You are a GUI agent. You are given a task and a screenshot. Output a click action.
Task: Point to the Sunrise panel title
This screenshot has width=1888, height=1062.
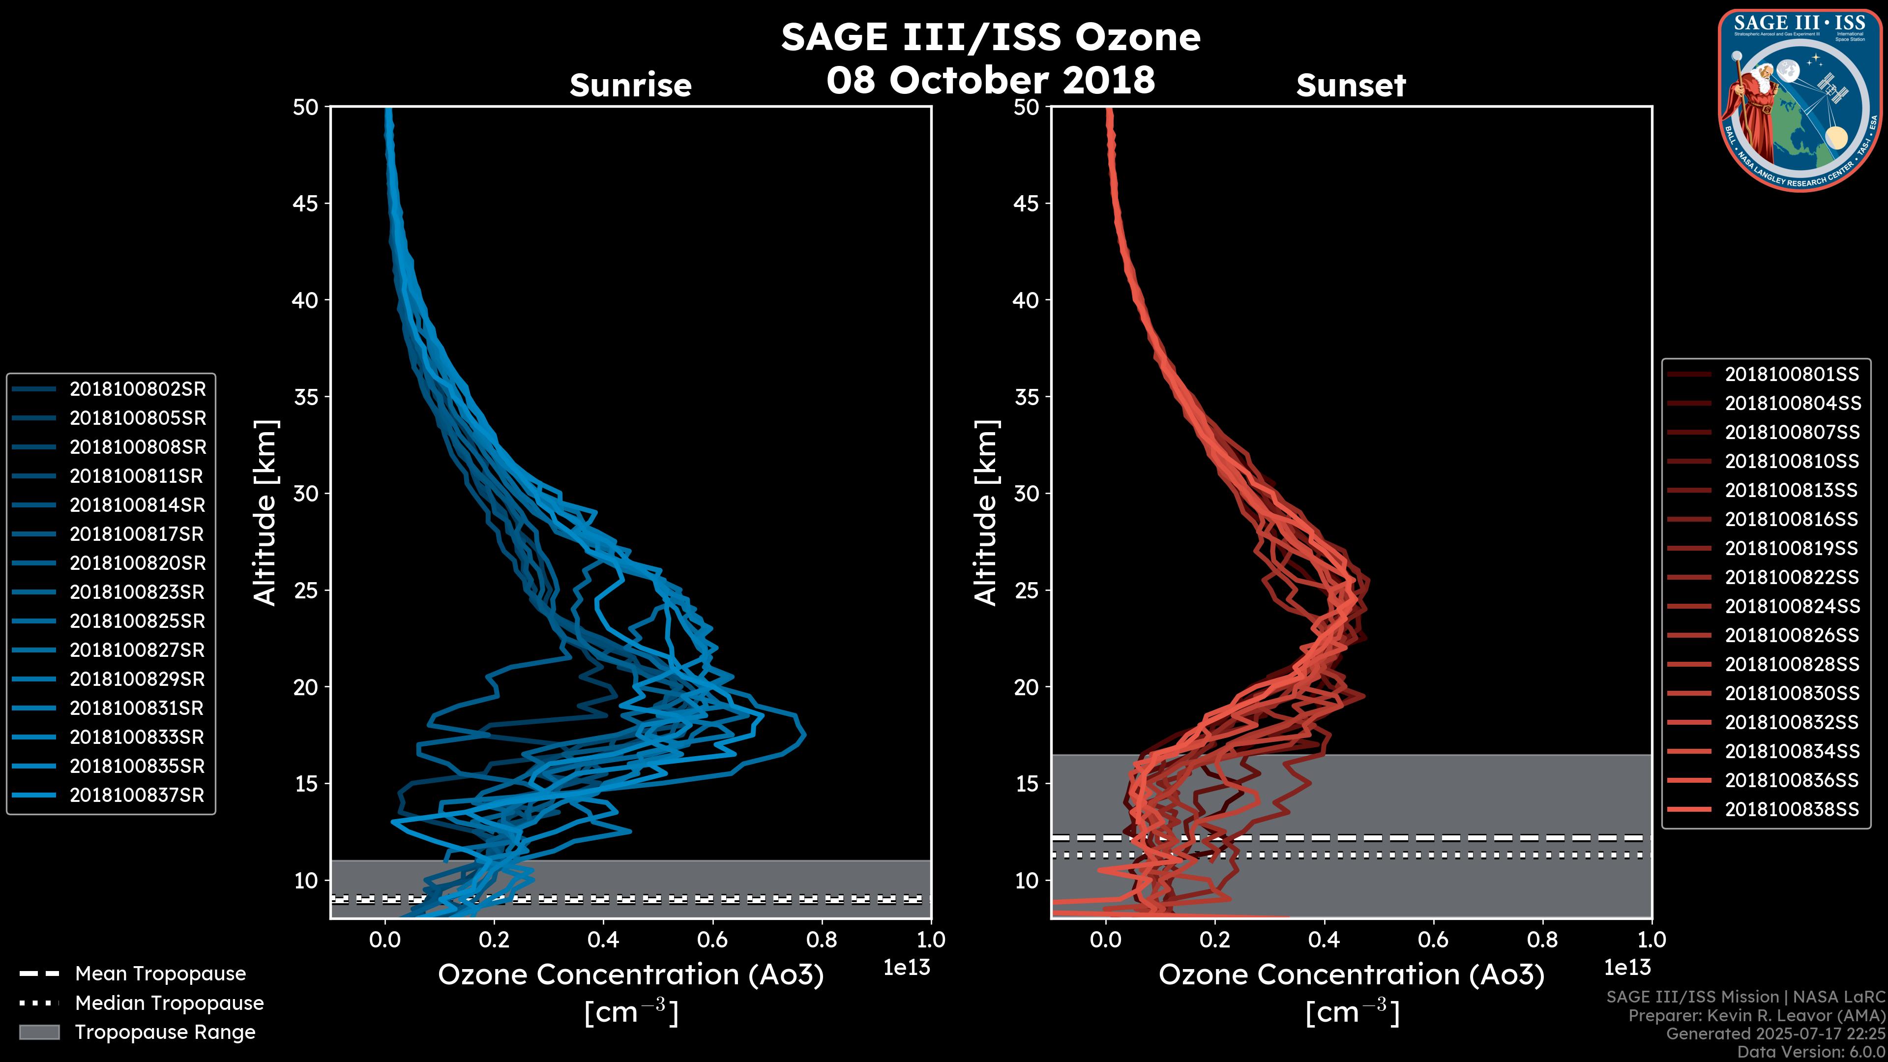630,86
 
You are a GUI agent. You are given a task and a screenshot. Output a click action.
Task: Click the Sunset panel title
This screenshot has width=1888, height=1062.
1351,86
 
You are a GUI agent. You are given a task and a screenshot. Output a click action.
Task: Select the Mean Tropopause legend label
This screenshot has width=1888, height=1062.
160,974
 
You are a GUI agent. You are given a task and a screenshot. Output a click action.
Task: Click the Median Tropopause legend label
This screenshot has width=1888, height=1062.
169,1003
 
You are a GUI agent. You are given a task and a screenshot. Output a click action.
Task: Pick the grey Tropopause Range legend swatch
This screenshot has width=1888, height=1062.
39,1032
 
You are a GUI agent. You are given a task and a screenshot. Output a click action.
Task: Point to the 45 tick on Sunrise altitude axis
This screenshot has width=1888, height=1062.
306,204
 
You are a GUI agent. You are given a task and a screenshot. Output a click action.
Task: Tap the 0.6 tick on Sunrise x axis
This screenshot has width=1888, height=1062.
712,940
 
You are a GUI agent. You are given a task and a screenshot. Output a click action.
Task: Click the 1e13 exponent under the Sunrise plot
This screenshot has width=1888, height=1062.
907,968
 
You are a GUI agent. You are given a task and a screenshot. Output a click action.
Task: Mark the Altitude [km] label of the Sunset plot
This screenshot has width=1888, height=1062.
986,513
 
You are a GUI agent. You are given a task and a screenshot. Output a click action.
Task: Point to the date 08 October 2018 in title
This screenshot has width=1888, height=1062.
990,80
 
